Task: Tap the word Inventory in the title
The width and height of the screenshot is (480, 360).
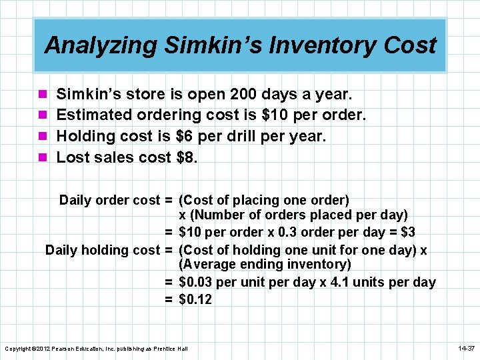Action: (x=317, y=45)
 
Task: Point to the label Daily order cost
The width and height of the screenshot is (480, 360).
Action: (x=109, y=200)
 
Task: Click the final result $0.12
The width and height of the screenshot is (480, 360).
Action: (x=195, y=299)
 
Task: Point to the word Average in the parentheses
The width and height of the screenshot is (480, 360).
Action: (x=210, y=265)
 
